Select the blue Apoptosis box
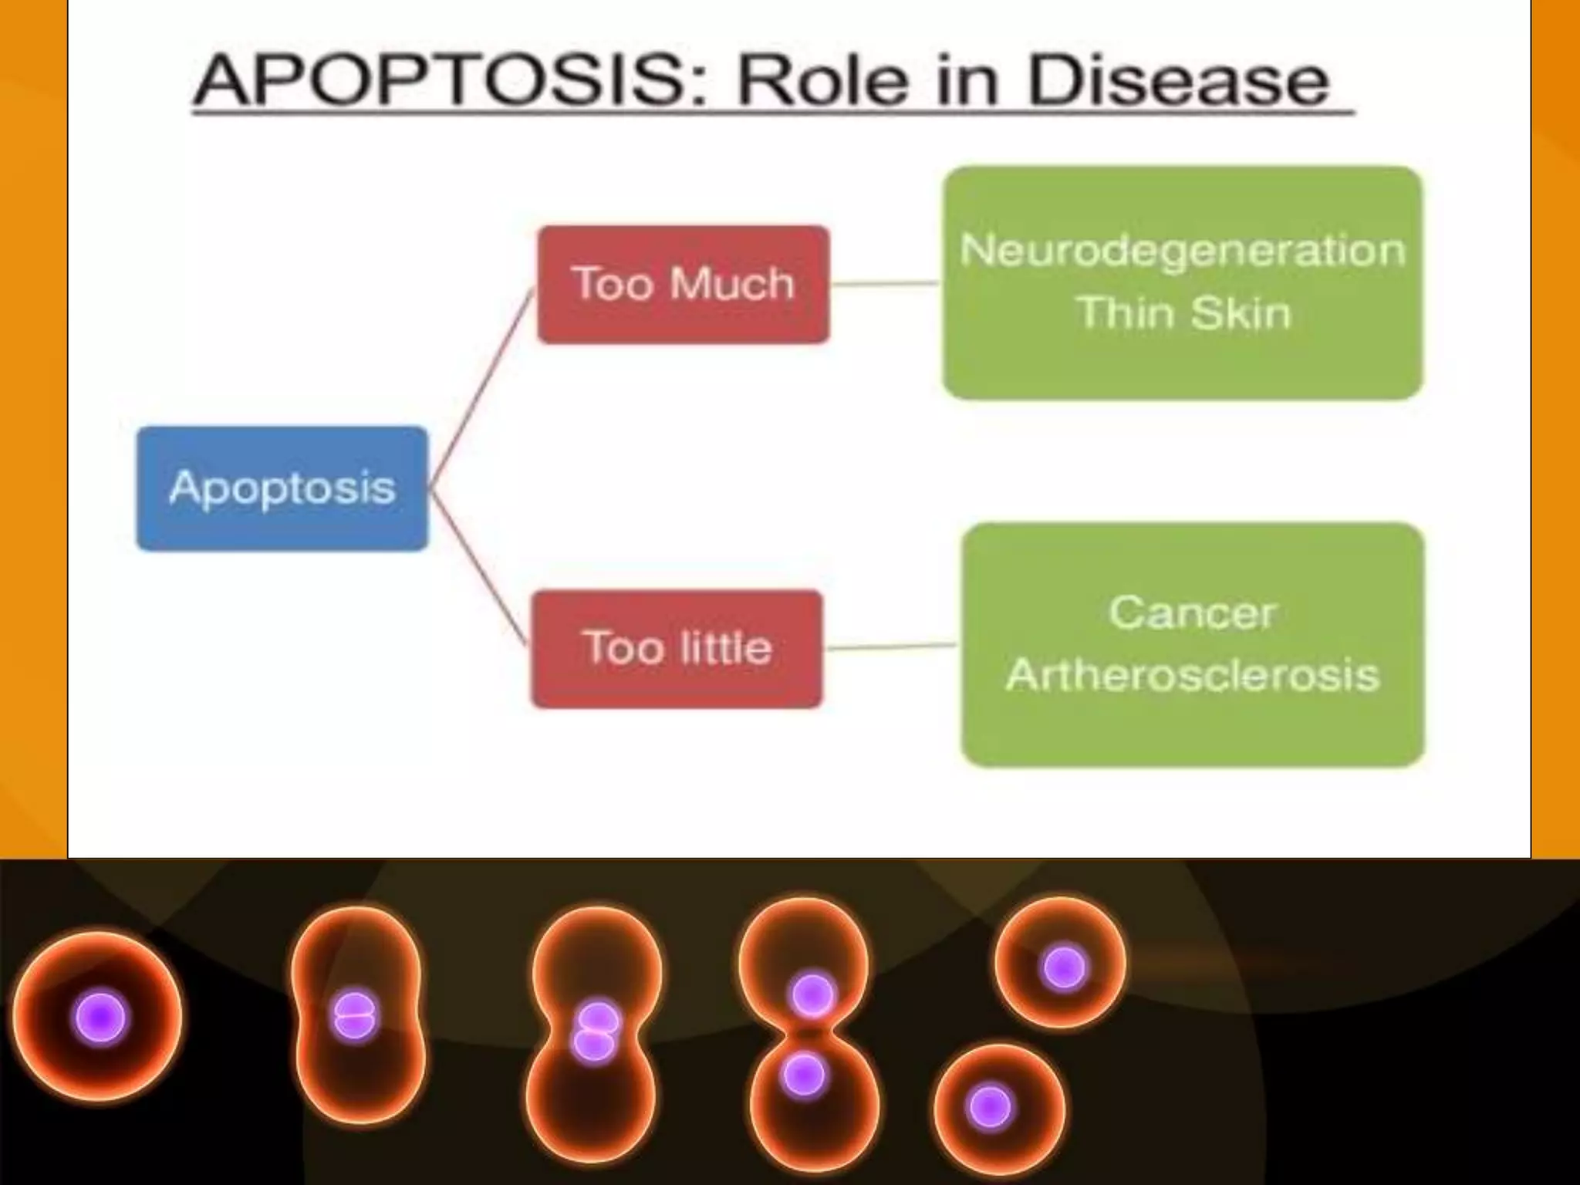282,488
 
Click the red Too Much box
684,284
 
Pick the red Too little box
677,648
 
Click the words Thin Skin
1183,313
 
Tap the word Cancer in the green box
1192,613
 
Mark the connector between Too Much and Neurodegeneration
886,284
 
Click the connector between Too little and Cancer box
891,647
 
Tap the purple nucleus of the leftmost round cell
100,1018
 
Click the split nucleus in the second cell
354,1016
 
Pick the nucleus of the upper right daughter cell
1064,967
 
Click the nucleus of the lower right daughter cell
990,1107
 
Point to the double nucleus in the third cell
595,1031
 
